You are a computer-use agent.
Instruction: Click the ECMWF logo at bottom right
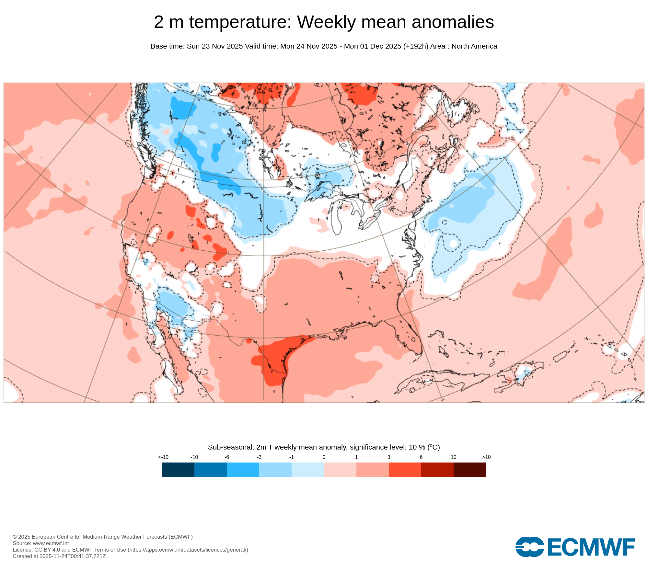pos(575,547)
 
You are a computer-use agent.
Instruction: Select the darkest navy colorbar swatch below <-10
pos(178,469)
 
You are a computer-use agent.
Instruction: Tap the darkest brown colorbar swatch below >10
pos(470,469)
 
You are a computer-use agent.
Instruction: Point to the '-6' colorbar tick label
pos(227,457)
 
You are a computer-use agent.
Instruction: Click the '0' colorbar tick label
pos(324,457)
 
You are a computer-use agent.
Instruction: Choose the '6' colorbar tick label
pos(421,457)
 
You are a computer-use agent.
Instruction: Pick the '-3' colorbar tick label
pos(259,457)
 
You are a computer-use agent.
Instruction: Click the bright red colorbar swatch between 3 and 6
pos(405,469)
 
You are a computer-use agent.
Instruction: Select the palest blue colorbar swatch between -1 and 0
pos(308,469)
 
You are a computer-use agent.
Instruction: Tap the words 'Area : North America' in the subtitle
pos(464,46)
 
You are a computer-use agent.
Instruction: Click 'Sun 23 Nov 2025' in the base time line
pos(215,46)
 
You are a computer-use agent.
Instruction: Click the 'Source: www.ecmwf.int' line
pos(41,543)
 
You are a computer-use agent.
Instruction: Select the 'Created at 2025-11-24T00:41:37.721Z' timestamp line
pos(59,556)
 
